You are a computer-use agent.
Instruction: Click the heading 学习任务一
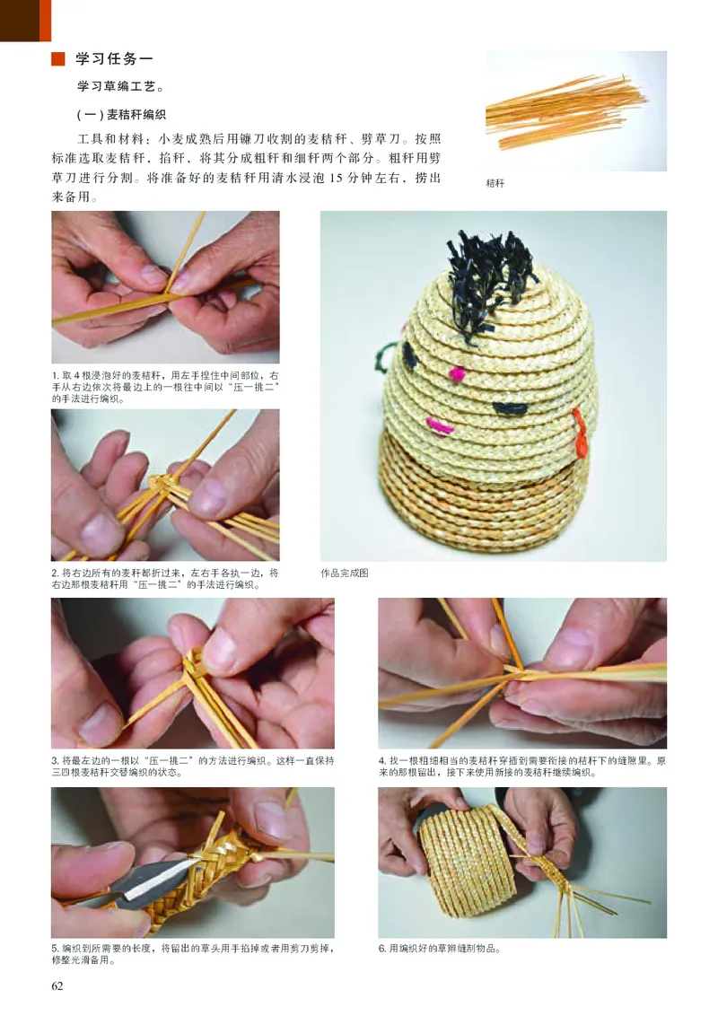(115, 60)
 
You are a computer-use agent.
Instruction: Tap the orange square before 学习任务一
(58, 60)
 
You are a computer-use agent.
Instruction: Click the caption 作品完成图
(345, 573)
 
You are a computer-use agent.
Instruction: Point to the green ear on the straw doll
(383, 358)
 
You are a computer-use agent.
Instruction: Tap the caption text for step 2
(165, 579)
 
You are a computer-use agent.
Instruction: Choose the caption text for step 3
(192, 766)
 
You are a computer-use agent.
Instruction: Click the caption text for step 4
(521, 766)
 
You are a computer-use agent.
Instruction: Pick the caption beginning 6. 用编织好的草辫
(439, 949)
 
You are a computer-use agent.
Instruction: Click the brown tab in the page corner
(25, 21)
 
